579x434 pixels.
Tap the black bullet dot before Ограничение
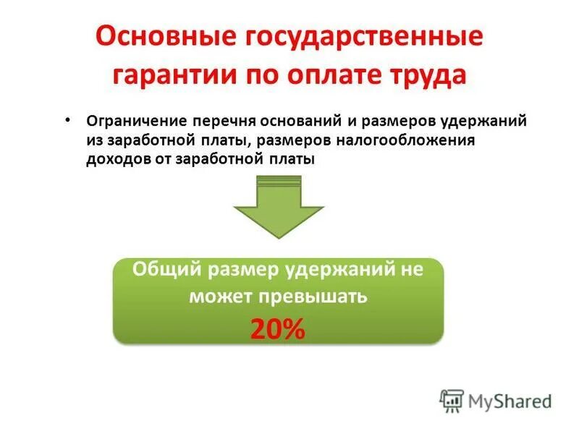(x=67, y=118)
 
